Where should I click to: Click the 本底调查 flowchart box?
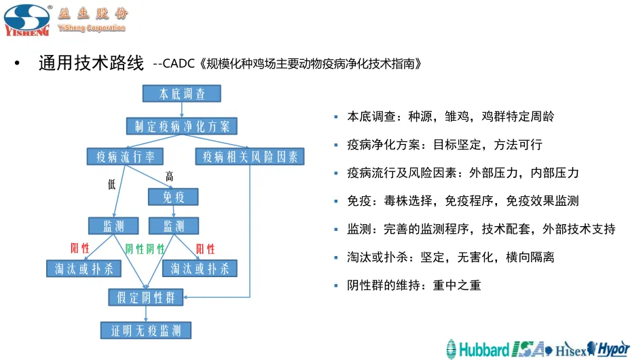181,94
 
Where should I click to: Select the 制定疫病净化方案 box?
181,126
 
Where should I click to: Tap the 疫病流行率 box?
125,157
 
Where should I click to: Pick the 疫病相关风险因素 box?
250,157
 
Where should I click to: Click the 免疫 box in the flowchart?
174,197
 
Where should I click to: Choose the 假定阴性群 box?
146,297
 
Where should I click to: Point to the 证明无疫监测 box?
146,331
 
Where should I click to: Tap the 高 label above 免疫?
170,177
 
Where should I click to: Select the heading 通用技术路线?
92,64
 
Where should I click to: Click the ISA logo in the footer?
528,349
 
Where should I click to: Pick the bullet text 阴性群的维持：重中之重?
414,285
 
